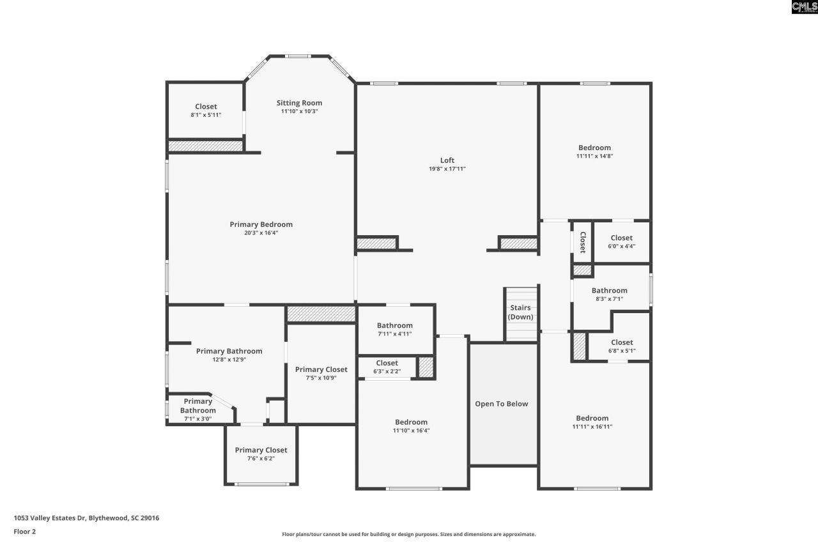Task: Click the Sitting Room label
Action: pos(299,103)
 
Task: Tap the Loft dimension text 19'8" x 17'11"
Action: pos(447,169)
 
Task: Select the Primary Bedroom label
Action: pos(261,224)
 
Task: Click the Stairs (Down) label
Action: pos(520,312)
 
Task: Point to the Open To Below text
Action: pos(501,404)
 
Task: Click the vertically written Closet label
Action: pos(582,242)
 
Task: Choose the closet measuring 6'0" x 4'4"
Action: pos(621,242)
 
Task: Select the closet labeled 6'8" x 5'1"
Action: pos(621,346)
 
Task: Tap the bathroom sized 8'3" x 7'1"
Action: pos(609,295)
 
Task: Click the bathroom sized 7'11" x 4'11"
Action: pos(394,329)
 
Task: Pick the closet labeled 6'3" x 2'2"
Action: pos(387,367)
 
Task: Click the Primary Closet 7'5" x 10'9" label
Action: pos(321,373)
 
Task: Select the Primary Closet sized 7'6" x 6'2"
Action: pos(261,454)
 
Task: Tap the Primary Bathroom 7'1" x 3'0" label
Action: pos(197,410)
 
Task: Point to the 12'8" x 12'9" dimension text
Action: pos(229,360)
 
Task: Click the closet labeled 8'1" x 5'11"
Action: pos(206,111)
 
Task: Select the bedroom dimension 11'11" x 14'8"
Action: pos(594,156)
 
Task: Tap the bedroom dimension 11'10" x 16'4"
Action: pos(411,431)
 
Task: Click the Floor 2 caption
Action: pos(24,531)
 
